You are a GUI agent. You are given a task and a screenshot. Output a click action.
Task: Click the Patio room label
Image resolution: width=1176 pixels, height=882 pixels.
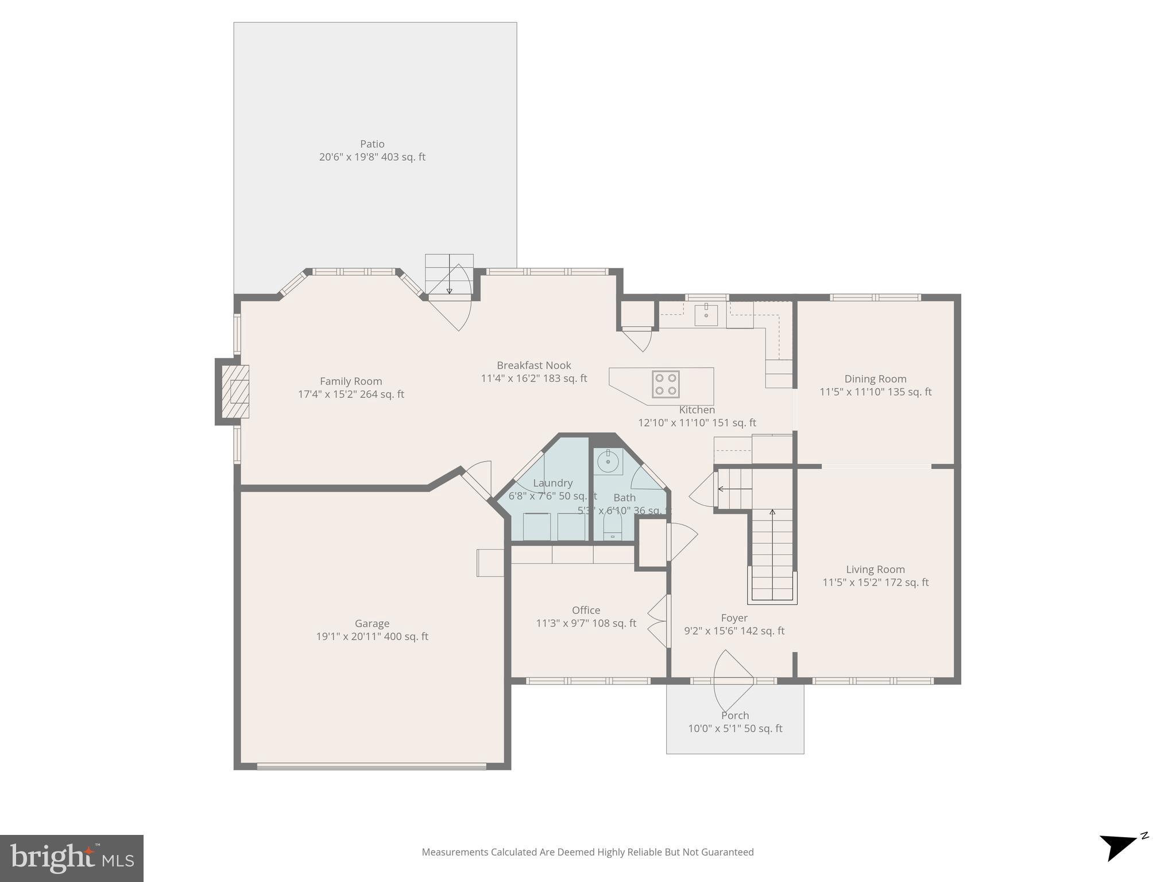click(372, 144)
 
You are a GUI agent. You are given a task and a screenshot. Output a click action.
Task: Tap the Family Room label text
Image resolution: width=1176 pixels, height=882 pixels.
click(351, 381)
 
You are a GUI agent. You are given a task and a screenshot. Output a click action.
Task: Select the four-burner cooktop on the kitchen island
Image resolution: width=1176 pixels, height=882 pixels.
click(666, 384)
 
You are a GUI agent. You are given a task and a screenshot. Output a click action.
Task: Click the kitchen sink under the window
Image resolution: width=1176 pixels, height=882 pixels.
click(706, 315)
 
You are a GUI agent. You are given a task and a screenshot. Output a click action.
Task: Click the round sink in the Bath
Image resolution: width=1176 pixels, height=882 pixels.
click(608, 461)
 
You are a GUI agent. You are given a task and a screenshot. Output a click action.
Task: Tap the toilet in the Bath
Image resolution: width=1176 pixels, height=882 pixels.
click(613, 524)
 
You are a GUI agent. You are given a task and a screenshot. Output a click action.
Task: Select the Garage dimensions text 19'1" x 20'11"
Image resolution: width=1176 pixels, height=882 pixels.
click(372, 636)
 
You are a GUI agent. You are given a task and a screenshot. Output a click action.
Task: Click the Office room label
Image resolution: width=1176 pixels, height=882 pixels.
click(586, 610)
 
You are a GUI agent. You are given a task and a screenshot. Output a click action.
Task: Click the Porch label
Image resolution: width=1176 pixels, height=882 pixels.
click(735, 715)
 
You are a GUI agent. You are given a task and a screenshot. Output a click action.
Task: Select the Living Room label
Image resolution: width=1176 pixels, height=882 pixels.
click(875, 570)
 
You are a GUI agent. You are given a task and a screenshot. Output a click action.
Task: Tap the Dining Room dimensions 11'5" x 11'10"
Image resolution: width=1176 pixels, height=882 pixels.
click(875, 392)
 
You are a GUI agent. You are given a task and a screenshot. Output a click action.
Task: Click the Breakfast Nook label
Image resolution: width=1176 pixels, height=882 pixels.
click(533, 365)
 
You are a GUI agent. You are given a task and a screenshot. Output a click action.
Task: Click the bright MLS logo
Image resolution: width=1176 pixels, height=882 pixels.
click(72, 858)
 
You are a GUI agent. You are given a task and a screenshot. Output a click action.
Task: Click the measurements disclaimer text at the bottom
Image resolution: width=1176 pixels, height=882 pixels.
click(587, 852)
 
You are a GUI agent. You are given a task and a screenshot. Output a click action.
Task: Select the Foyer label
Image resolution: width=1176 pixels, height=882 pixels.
click(734, 618)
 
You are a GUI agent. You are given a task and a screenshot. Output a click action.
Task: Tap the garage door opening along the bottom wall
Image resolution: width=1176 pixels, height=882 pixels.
click(372, 766)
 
